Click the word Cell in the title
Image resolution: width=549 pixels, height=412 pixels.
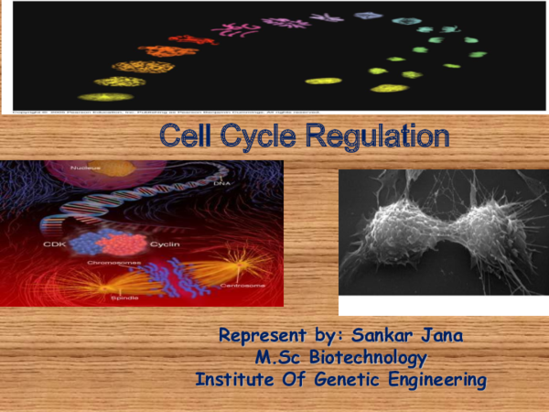coord(187,136)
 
